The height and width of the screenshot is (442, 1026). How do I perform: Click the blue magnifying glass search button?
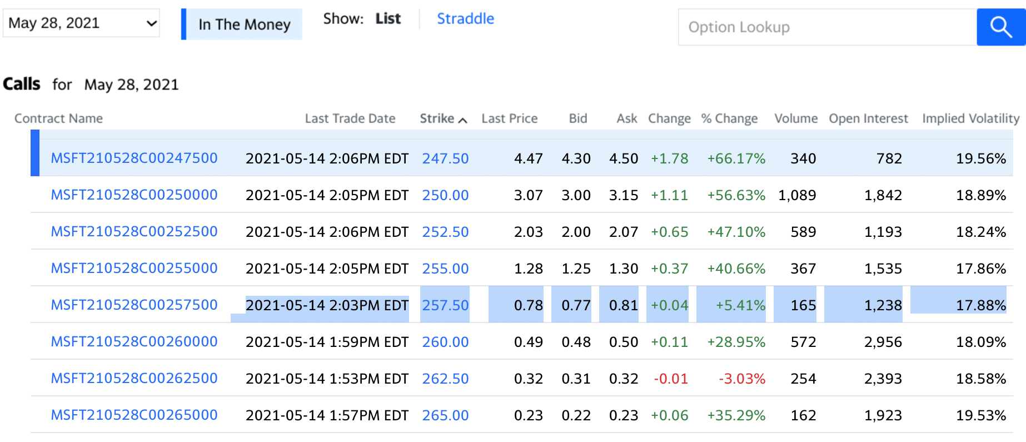1000,27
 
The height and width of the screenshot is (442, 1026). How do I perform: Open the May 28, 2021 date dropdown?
81,23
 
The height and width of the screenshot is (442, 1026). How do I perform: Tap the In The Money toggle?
243,24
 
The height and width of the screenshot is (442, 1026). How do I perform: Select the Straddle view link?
465,19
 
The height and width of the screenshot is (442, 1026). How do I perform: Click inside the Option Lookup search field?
827,27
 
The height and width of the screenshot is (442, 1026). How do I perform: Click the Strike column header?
442,118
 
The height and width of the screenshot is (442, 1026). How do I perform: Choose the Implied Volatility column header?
970,118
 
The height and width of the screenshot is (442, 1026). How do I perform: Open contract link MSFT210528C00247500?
134,158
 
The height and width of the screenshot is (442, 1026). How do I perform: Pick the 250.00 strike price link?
445,195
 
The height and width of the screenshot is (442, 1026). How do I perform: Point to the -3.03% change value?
741,379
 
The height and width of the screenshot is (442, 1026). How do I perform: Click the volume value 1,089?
797,195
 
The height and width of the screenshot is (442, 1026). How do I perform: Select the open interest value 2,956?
883,342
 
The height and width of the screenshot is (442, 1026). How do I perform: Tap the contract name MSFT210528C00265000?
134,415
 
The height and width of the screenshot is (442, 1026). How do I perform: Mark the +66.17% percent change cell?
736,158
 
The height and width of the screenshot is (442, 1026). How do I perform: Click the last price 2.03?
528,232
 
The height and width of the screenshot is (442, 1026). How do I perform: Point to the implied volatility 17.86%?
980,269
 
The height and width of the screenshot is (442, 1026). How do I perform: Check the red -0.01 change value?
670,379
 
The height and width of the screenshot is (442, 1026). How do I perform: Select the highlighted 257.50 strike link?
445,305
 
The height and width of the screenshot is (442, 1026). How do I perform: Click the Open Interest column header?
868,118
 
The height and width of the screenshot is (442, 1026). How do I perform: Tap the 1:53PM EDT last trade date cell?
327,379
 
